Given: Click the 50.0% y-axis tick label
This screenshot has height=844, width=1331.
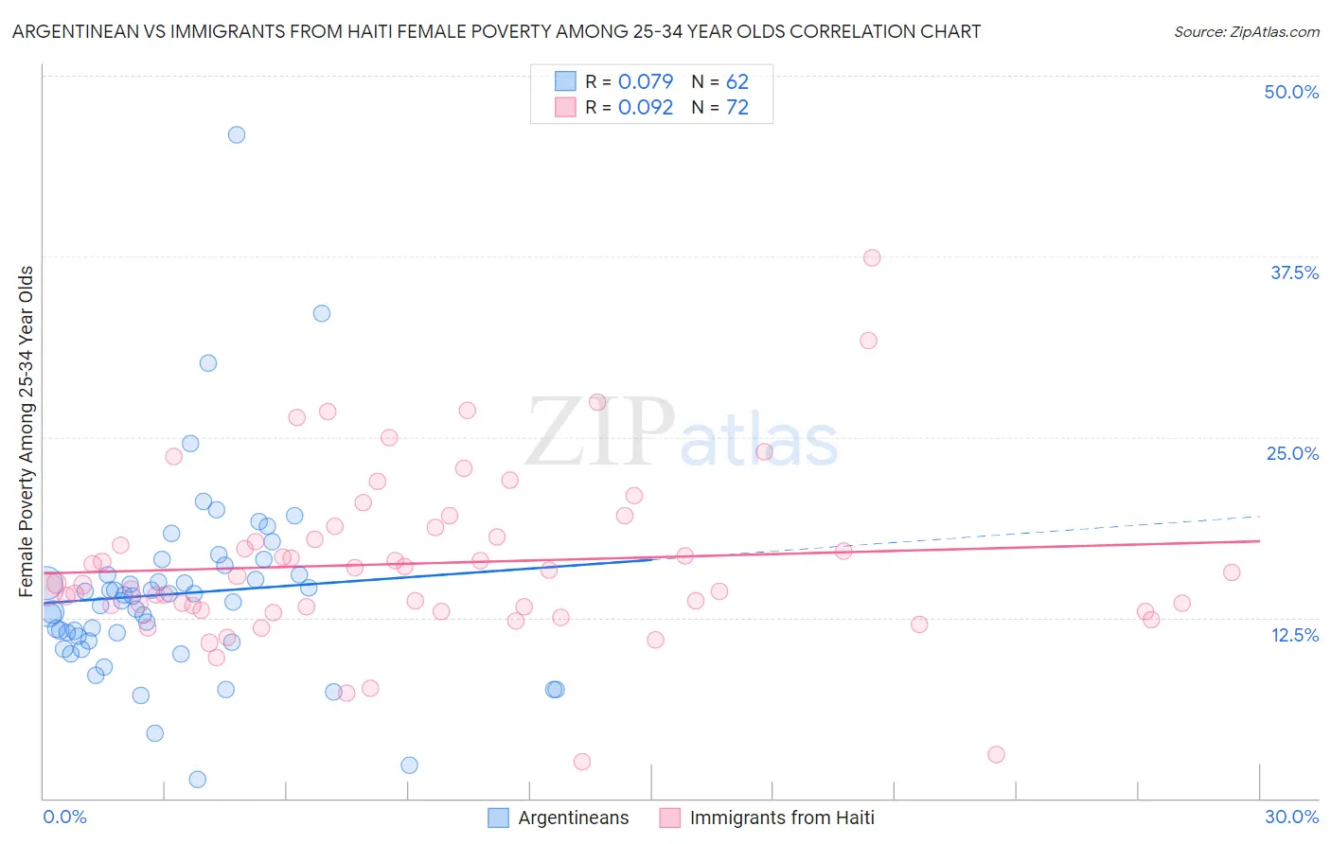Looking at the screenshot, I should pyautogui.click(x=1291, y=92).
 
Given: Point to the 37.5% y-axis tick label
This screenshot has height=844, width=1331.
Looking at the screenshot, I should pyautogui.click(x=1294, y=273).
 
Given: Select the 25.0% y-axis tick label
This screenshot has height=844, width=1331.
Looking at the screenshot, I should pyautogui.click(x=1292, y=453).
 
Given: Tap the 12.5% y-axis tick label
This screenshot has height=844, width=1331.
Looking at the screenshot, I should pyautogui.click(x=1294, y=635).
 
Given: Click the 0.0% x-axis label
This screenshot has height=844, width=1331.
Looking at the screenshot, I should pyautogui.click(x=64, y=817).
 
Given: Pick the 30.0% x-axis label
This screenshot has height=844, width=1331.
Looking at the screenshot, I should pyautogui.click(x=1291, y=817).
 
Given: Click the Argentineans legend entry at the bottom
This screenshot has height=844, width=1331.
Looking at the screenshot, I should pyautogui.click(x=573, y=818).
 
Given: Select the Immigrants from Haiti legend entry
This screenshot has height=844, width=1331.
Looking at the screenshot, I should pyautogui.click(x=782, y=818).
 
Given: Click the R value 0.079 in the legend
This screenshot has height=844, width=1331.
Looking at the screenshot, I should pyautogui.click(x=645, y=81).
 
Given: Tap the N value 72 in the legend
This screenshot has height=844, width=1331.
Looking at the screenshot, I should pyautogui.click(x=736, y=108).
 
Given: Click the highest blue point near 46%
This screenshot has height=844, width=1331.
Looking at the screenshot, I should pyautogui.click(x=237, y=134).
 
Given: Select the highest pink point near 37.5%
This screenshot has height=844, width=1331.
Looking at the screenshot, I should pyautogui.click(x=872, y=257).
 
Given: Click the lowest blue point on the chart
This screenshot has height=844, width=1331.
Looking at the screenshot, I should pyautogui.click(x=198, y=779).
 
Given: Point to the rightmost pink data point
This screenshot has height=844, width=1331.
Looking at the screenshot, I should pyautogui.click(x=1232, y=571).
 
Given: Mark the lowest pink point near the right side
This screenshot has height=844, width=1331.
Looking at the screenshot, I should pyautogui.click(x=996, y=754).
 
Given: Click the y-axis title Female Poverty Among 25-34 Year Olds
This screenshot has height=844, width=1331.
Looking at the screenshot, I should pyautogui.click(x=27, y=431).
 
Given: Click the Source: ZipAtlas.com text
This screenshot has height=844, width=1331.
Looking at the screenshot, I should pyautogui.click(x=1246, y=31).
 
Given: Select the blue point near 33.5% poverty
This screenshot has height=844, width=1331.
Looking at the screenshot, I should pyautogui.click(x=322, y=313).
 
